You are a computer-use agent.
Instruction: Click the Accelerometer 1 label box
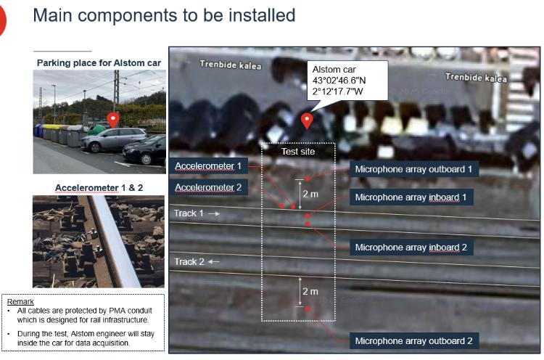pyautogui.click(x=208, y=166)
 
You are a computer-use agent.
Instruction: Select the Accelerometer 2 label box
pyautogui.click(x=208, y=187)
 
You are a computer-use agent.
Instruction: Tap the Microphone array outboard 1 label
pyautogui.click(x=414, y=169)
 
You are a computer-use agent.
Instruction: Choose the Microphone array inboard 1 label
pyautogui.click(x=411, y=197)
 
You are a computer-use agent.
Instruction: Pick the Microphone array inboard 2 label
pyautogui.click(x=411, y=247)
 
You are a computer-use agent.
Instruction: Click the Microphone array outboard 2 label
pyautogui.click(x=414, y=340)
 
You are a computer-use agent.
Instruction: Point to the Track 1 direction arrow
pyautogui.click(x=214, y=213)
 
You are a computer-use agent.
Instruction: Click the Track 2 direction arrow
pyautogui.click(x=214, y=262)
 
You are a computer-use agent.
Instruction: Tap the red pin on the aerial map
pyautogui.click(x=307, y=120)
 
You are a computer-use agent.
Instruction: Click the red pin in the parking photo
pyautogui.click(x=112, y=120)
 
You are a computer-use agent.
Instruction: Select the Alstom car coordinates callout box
pyautogui.click(x=347, y=81)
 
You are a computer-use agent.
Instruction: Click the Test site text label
pyautogui.click(x=298, y=152)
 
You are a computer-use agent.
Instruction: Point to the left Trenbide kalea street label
pyautogui.click(x=231, y=65)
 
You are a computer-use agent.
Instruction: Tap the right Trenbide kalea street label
pyautogui.click(x=476, y=78)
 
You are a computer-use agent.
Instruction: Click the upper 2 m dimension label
pyautogui.click(x=310, y=194)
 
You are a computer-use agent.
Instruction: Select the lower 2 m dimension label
pyautogui.click(x=310, y=291)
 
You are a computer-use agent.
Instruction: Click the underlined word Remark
pyautogui.click(x=20, y=301)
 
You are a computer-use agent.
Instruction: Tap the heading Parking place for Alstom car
pyautogui.click(x=99, y=63)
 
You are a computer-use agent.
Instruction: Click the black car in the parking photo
pyautogui.click(x=144, y=150)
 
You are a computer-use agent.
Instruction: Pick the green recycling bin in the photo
pyautogui.click(x=96, y=130)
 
